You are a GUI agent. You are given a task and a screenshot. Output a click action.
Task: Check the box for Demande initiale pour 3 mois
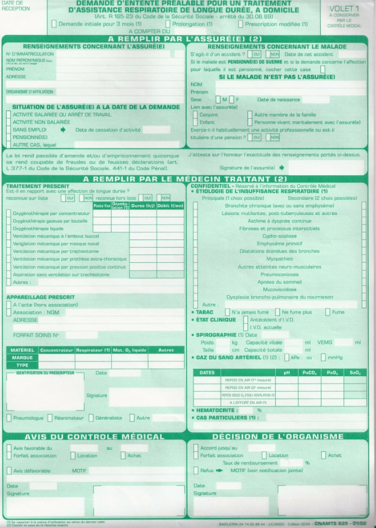[x=54, y=24]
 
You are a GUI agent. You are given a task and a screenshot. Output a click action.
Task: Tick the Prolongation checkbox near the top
[x=168, y=24]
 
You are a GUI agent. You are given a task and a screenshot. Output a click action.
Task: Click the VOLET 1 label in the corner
[x=344, y=9]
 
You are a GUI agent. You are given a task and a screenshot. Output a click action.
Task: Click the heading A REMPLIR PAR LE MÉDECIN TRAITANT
[x=188, y=178]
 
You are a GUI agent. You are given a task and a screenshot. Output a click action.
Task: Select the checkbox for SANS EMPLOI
[x=8, y=130]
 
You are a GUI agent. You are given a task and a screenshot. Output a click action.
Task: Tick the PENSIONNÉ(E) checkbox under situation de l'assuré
[x=8, y=137]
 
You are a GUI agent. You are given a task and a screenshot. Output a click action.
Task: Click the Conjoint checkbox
[x=194, y=115]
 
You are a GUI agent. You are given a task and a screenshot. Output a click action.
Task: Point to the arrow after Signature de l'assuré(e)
[x=281, y=168]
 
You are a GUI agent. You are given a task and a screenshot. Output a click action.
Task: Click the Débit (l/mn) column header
[x=170, y=206]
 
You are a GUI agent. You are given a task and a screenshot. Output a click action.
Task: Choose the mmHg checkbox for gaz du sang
[x=323, y=357]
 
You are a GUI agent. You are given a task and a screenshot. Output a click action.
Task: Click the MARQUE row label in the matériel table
[x=22, y=357]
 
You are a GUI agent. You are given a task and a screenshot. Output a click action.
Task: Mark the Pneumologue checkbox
[x=9, y=418]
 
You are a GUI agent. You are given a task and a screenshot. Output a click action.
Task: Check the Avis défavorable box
[x=9, y=470]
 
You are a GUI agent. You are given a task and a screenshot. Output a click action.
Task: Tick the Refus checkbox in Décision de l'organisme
[x=196, y=470]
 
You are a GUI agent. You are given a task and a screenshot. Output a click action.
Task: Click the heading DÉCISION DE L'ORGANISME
[x=278, y=436]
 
